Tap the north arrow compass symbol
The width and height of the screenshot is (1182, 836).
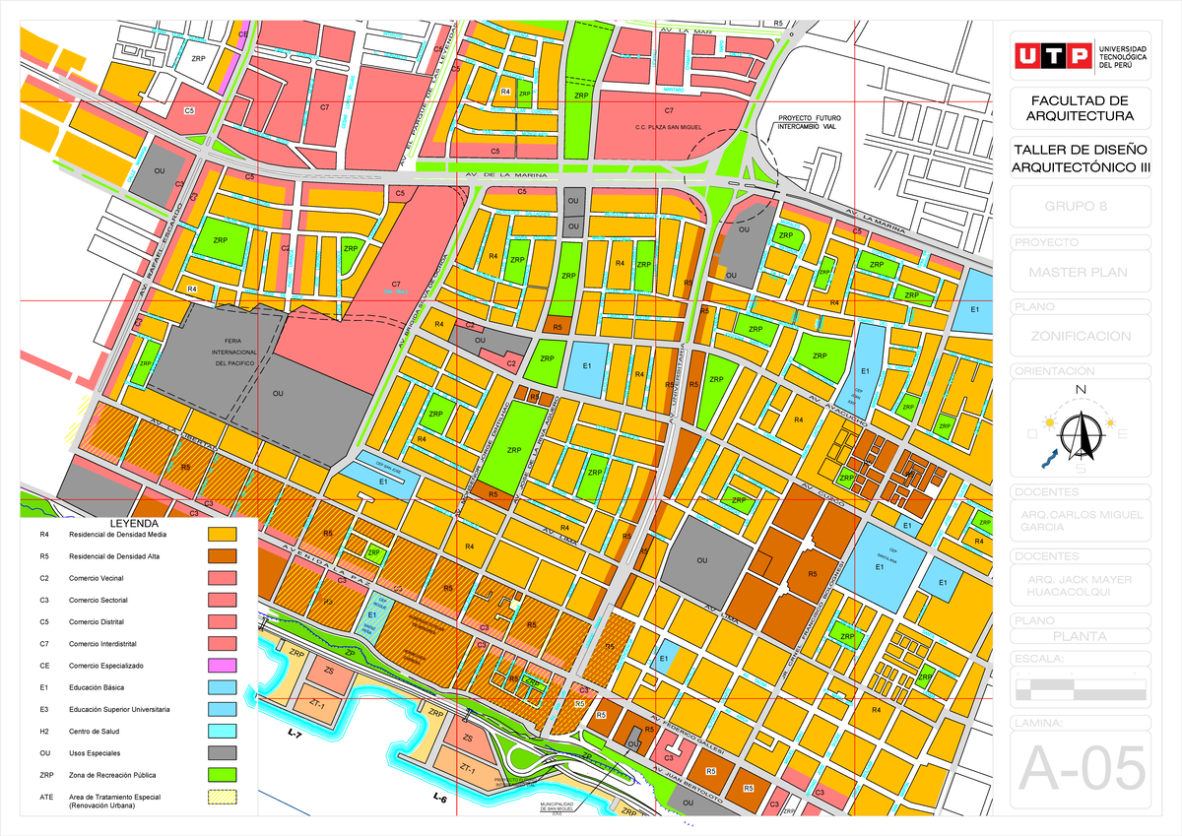[x=1081, y=431]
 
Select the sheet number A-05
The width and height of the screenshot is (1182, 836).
[x=1082, y=767]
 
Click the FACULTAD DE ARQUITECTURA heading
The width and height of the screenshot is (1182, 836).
[x=1081, y=108]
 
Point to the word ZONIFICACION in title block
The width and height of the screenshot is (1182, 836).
[x=1081, y=336]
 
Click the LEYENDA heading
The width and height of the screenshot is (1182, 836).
[x=138, y=522]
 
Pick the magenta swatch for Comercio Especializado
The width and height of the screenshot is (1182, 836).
[x=223, y=666]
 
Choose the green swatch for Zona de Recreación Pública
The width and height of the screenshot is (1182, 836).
[x=223, y=775]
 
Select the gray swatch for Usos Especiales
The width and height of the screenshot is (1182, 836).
[x=223, y=753]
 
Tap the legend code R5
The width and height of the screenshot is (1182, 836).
[x=43, y=556]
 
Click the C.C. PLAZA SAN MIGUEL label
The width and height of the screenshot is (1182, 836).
[x=669, y=128]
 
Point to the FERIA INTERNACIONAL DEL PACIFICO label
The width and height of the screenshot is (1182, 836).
[x=234, y=352]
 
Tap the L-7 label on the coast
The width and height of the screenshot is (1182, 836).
[x=295, y=735]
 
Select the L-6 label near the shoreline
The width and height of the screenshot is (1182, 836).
[x=439, y=799]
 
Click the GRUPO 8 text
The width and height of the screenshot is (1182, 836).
[x=1081, y=207]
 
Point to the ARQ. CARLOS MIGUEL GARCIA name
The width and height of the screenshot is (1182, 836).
[x=1081, y=520]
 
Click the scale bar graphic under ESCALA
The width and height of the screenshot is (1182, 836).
[x=1081, y=690]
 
